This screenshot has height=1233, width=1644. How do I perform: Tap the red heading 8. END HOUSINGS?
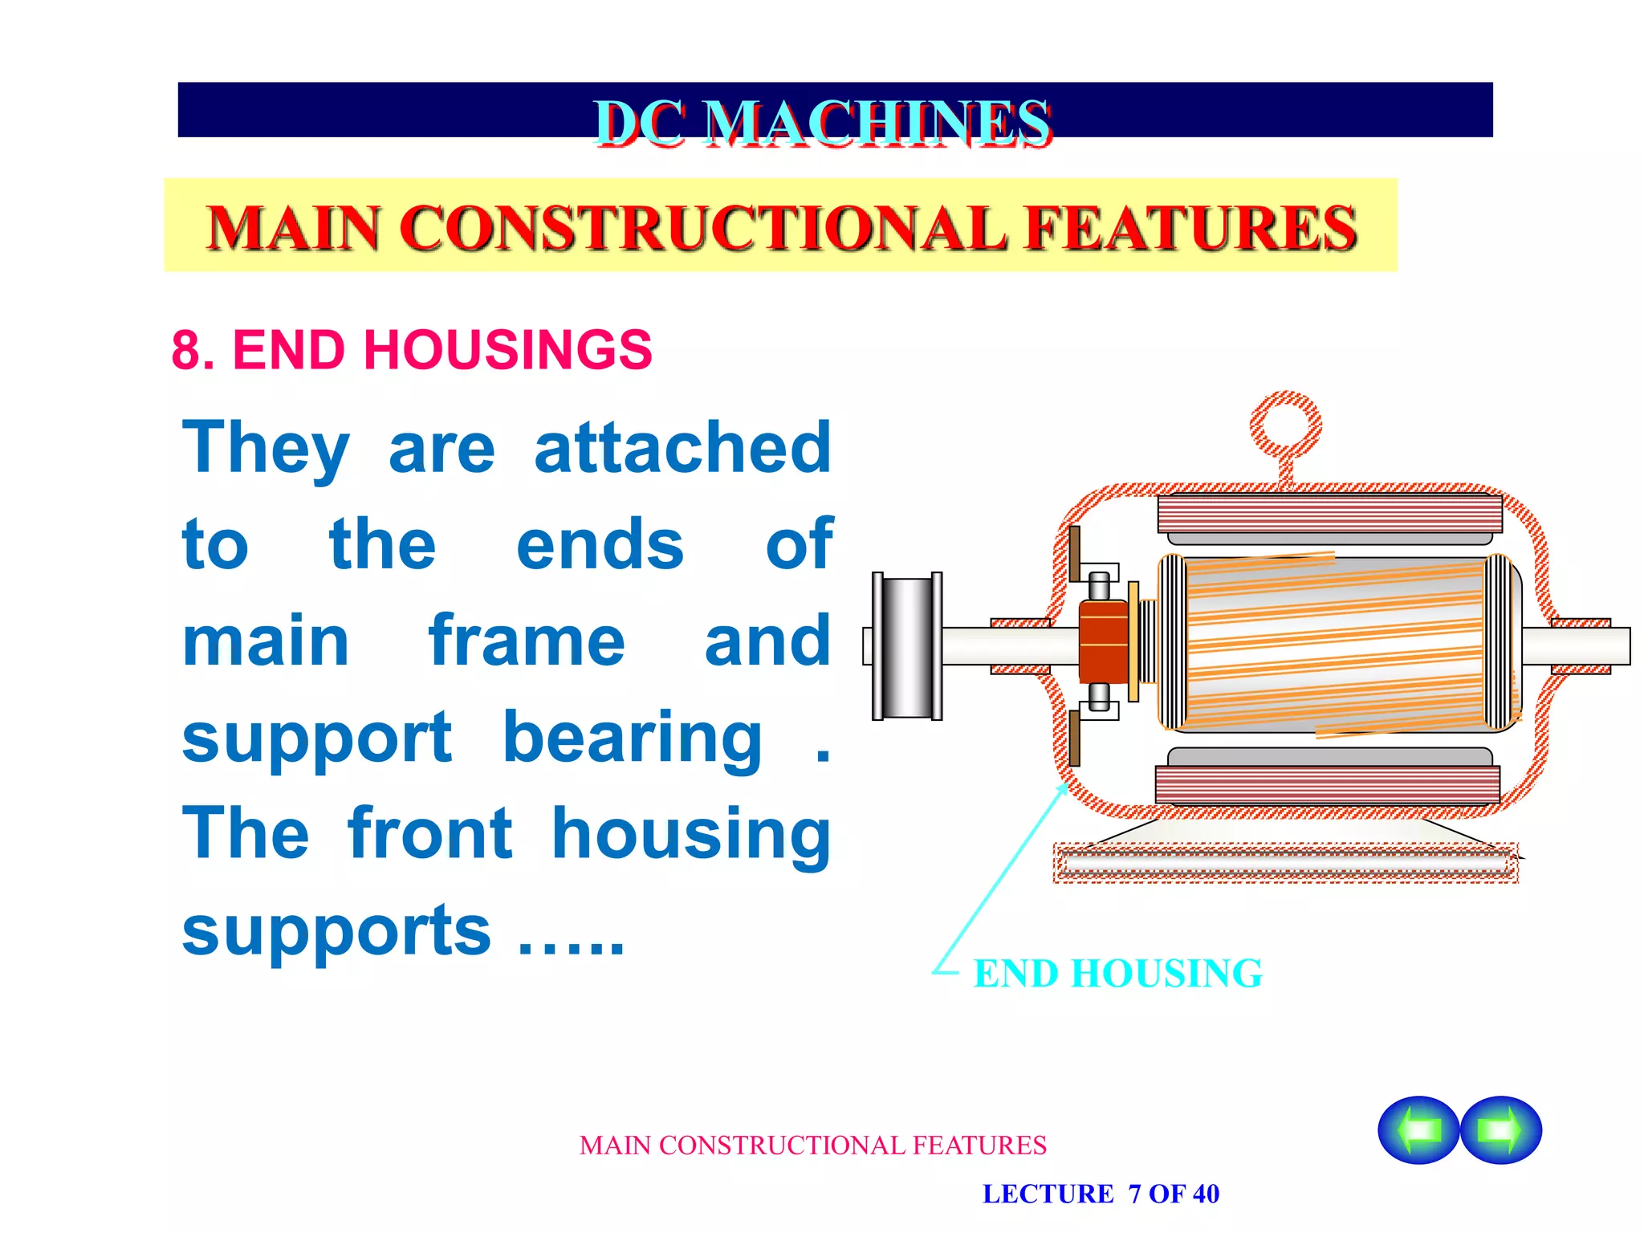[x=412, y=350]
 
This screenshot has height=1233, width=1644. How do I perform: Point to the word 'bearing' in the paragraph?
[x=633, y=740]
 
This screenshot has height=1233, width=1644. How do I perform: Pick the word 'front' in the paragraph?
[x=430, y=835]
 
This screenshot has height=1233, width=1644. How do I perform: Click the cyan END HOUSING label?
[x=1117, y=974]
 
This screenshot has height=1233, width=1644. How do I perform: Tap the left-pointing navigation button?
[x=1418, y=1129]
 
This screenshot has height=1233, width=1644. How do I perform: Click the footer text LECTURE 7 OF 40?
[x=1101, y=1194]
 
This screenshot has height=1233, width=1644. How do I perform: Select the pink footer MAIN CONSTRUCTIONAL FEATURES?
[x=812, y=1146]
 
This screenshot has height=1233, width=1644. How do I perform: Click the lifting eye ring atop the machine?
[x=1285, y=426]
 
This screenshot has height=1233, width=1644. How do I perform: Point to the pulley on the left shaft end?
[x=907, y=646]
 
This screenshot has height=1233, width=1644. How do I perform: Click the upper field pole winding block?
[x=1329, y=514]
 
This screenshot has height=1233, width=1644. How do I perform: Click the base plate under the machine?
[x=1285, y=863]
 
